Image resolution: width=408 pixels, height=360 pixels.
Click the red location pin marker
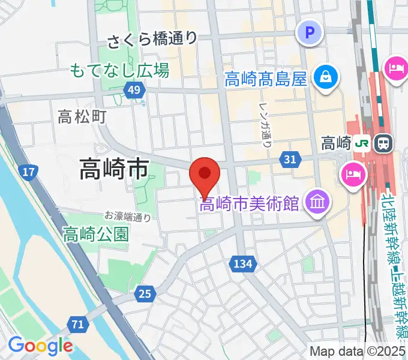pyautogui.click(x=205, y=175)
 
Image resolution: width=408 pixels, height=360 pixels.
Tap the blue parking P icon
pyautogui.click(x=310, y=32)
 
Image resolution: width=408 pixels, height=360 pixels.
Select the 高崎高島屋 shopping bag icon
pyautogui.click(x=325, y=77)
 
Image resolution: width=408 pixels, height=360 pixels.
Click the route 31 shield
pyautogui.click(x=289, y=158)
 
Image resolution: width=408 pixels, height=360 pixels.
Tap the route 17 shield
pyautogui.click(x=27, y=173)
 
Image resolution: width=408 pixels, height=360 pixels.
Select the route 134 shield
pyautogui.click(x=244, y=263)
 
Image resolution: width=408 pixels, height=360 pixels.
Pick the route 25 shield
pyautogui.click(x=145, y=293)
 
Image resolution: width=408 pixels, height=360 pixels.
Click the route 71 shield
pyautogui.click(x=76, y=325)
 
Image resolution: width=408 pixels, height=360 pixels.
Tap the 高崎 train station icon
pyautogui.click(x=382, y=143)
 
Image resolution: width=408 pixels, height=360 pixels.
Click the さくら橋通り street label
pyautogui.click(x=152, y=40)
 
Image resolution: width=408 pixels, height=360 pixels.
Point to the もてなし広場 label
pyautogui.click(x=119, y=70)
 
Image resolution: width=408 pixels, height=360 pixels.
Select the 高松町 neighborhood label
pyautogui.click(x=82, y=116)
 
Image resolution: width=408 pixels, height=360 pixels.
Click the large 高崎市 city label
pyautogui.click(x=114, y=170)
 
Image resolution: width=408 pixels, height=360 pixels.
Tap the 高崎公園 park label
pyautogui.click(x=96, y=233)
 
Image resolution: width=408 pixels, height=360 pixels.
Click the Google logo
pyautogui.click(x=40, y=346)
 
